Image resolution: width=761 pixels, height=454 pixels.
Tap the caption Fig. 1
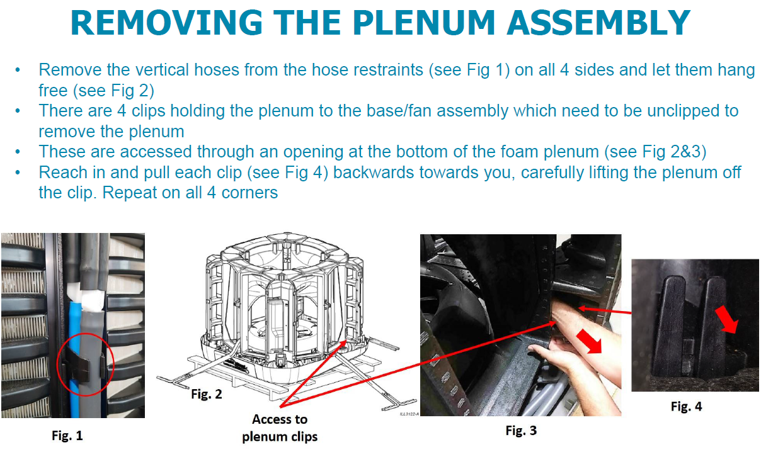pos(67,435)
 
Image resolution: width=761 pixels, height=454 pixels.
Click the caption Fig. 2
pos(207,395)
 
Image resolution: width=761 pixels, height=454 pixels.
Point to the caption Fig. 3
pos(521,431)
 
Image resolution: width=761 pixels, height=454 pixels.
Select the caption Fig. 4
pos(686,407)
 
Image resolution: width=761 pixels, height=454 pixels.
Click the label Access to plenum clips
pos(280,428)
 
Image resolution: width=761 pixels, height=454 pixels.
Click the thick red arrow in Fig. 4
pos(728,319)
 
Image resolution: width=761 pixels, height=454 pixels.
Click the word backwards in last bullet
pos(378,172)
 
